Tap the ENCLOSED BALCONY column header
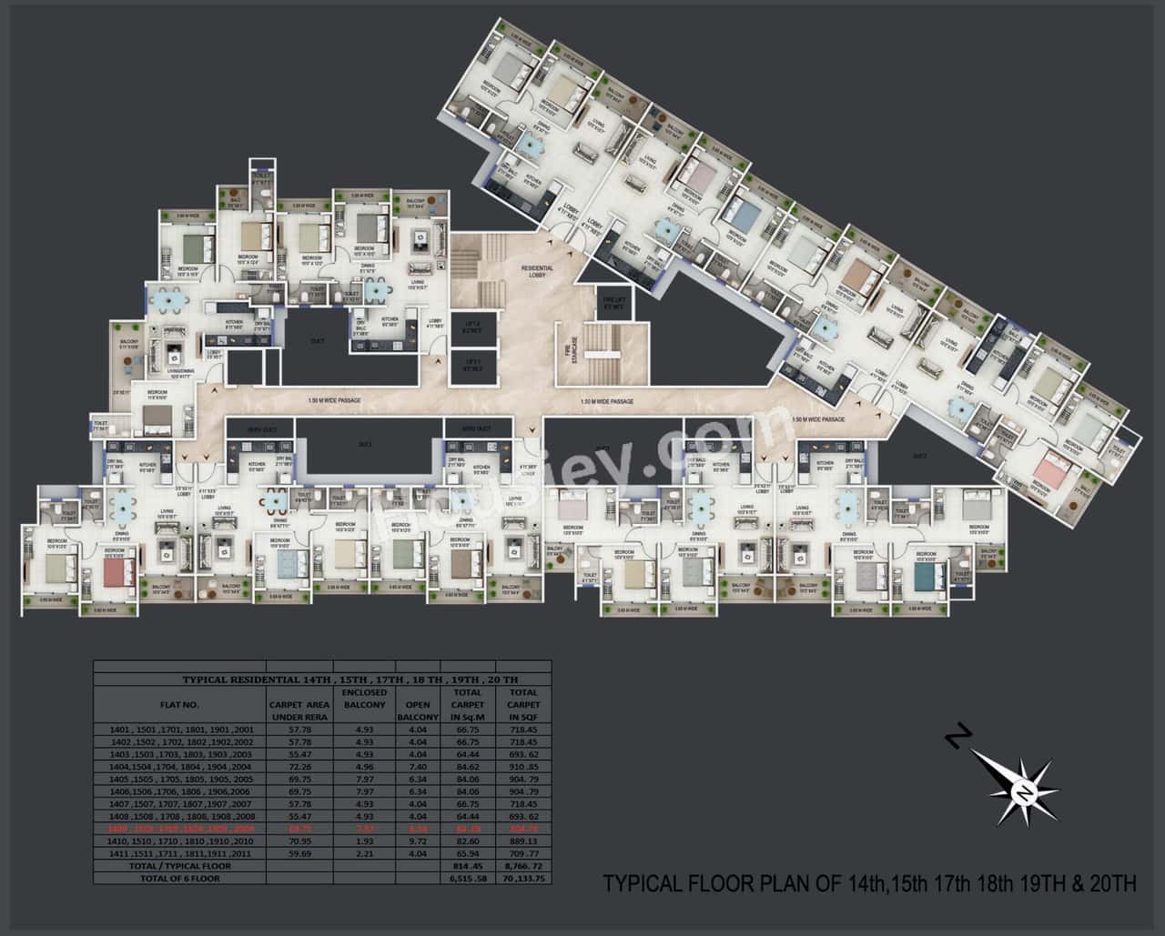(x=364, y=699)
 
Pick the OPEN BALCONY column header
(x=418, y=710)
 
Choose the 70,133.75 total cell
(x=522, y=879)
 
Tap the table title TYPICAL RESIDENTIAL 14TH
(x=349, y=679)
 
